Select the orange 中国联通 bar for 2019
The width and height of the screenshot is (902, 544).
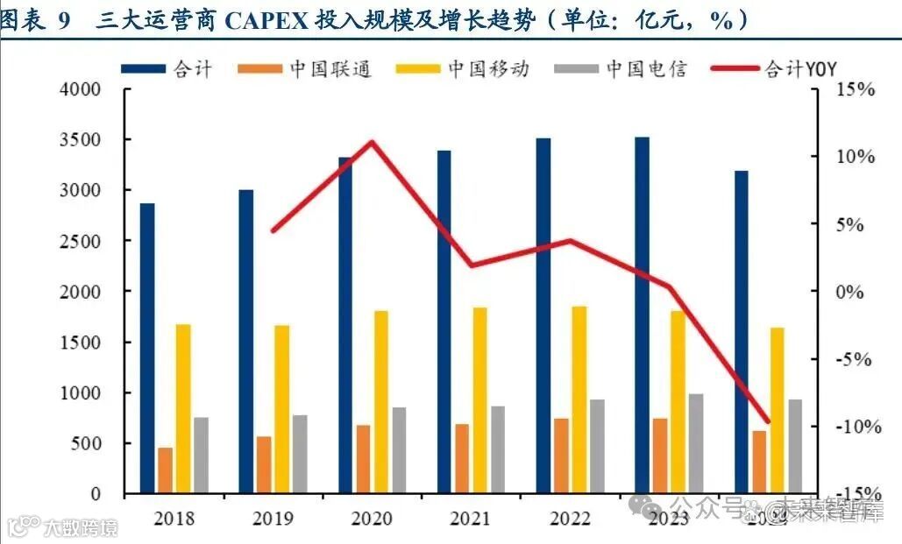click(264, 464)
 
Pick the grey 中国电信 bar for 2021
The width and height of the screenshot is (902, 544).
click(498, 449)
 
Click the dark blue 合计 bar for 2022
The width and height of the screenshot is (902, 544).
click(543, 315)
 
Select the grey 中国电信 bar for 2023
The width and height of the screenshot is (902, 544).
click(696, 443)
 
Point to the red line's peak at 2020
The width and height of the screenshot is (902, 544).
click(372, 142)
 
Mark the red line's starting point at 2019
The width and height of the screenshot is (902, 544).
click(273, 231)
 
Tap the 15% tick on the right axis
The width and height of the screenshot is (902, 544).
click(854, 89)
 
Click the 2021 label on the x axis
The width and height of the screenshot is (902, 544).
click(471, 519)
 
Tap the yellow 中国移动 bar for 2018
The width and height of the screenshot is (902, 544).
click(183, 408)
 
